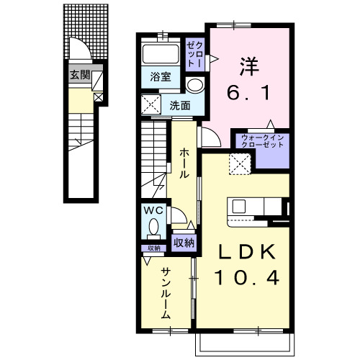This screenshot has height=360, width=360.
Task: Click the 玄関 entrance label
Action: point(80,75)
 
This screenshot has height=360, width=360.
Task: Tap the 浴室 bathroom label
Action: point(161,77)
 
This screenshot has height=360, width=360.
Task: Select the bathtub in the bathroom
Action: point(161,54)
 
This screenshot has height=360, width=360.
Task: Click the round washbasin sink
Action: point(195,85)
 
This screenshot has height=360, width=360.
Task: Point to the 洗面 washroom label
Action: point(180,105)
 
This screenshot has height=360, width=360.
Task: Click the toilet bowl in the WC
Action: point(154,227)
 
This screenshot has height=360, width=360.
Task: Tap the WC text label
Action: point(153,211)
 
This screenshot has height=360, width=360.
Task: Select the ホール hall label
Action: point(184,163)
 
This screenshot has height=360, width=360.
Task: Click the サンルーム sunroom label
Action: point(166,293)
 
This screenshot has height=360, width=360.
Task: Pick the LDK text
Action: point(247,251)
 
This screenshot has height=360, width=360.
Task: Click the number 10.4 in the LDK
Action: point(247,277)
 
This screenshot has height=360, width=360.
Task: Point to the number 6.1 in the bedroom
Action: point(248,92)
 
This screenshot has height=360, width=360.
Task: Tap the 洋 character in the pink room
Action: point(250,66)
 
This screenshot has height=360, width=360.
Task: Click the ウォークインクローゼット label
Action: point(263,141)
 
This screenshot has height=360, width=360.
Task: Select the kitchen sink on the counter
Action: point(239,207)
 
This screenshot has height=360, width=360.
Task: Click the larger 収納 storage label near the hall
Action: point(184,243)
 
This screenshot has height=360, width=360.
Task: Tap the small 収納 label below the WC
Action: point(154,248)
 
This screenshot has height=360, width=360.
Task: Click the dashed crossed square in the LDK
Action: point(240,164)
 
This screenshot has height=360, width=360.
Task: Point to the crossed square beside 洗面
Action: point(151,104)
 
